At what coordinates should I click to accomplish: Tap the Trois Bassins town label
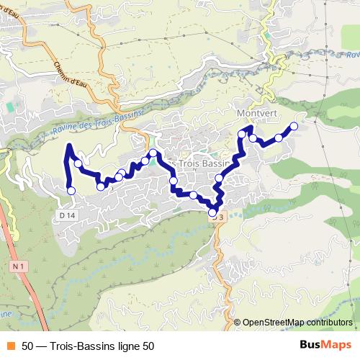pyautogui.click(x=194, y=164)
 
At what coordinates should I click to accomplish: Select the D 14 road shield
pyautogui.click(x=67, y=215)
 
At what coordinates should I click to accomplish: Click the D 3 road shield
pyautogui.click(x=219, y=217)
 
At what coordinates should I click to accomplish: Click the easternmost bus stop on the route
pyautogui.click(x=294, y=127)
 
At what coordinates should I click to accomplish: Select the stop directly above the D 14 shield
pyautogui.click(x=71, y=190)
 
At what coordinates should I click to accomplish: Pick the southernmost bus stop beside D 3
pyautogui.click(x=212, y=212)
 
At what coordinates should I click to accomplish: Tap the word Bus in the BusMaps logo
pyautogui.click(x=311, y=346)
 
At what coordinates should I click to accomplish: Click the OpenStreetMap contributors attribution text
pyautogui.click(x=297, y=322)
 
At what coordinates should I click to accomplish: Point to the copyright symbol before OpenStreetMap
pyautogui.click(x=238, y=322)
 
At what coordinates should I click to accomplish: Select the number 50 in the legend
pyautogui.click(x=27, y=346)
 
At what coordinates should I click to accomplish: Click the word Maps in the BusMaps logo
pyautogui.click(x=337, y=346)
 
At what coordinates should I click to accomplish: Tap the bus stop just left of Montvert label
pyautogui.click(x=242, y=133)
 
